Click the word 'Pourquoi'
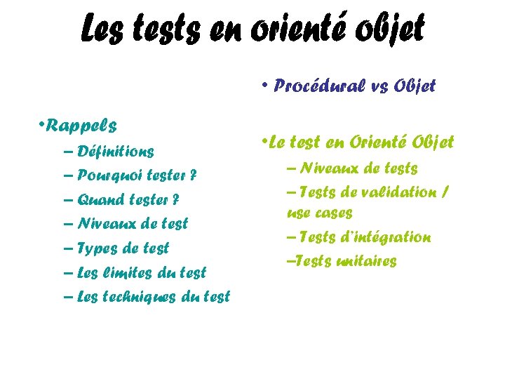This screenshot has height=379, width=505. point(108,175)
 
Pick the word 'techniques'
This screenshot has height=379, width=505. point(145,296)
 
